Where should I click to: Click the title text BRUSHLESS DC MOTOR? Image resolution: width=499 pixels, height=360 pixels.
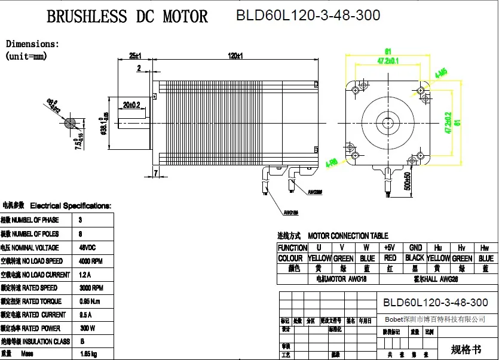tap(127, 16)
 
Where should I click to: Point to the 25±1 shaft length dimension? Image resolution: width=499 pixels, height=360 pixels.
tap(134, 56)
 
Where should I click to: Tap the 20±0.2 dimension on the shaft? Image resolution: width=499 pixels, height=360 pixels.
tap(131, 104)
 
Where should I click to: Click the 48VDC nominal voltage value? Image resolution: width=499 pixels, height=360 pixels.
tap(88, 247)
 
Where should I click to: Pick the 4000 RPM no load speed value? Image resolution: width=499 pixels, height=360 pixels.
tap(91, 261)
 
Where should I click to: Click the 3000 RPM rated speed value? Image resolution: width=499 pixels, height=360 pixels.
tap(91, 288)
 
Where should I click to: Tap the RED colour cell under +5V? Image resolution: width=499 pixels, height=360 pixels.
tap(390, 258)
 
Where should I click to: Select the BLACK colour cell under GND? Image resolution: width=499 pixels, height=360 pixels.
tap(415, 258)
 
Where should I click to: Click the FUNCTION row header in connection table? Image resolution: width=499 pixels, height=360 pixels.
tap(292, 247)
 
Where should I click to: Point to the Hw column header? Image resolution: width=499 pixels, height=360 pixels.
tap(483, 247)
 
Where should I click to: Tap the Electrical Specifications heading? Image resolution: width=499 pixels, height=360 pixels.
tap(71, 206)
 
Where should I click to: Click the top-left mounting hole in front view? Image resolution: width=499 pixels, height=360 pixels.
tap(355, 90)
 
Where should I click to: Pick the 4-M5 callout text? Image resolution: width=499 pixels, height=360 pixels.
tap(442, 73)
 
